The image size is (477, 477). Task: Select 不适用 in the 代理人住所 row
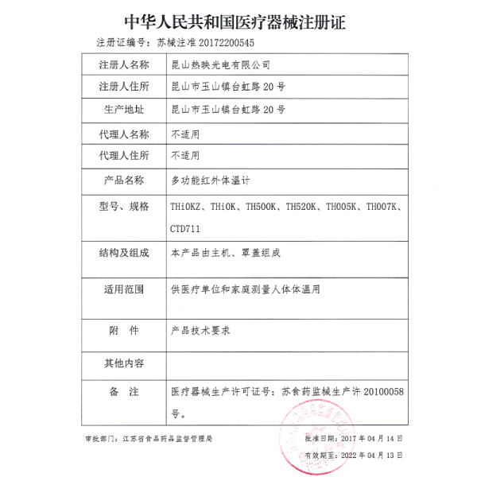[x=185, y=156]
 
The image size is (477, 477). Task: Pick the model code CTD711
[x=184, y=228]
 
